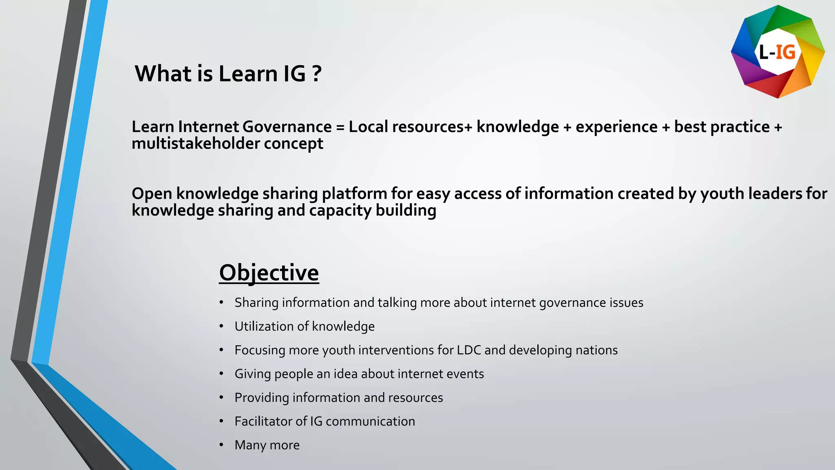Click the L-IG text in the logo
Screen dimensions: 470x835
click(777, 52)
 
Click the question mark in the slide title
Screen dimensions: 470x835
click(317, 74)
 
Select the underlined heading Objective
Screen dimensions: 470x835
click(269, 273)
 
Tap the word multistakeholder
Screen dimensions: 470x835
click(195, 144)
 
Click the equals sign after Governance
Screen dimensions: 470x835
click(340, 127)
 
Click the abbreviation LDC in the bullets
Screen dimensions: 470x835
click(469, 350)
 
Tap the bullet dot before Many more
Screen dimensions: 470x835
click(221, 445)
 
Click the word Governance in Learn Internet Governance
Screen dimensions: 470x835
click(287, 127)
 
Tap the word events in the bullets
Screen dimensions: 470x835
click(465, 374)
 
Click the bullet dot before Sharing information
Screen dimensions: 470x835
click(221, 302)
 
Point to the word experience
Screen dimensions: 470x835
click(616, 127)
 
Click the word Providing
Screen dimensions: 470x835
click(261, 398)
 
